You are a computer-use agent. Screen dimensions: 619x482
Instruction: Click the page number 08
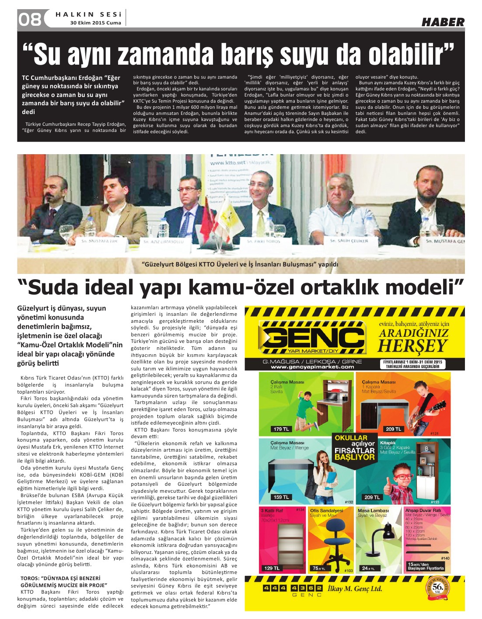click(x=30, y=19)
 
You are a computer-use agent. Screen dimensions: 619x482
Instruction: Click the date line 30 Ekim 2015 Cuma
click(x=96, y=23)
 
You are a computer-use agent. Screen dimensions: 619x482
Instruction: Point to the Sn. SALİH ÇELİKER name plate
click(x=353, y=241)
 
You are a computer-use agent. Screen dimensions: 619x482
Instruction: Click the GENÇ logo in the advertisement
click(x=311, y=338)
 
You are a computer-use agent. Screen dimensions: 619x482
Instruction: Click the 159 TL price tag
click(x=281, y=497)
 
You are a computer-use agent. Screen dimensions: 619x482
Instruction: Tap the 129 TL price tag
click(x=272, y=568)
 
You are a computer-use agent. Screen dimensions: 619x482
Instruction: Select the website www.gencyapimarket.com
click(x=312, y=367)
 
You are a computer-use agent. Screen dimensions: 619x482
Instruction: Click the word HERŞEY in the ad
click(x=412, y=345)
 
